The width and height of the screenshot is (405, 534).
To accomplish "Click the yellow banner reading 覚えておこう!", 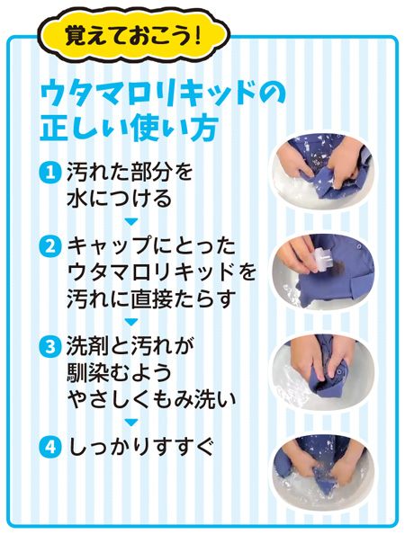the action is (132, 35).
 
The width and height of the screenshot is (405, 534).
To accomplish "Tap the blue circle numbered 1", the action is (50, 173).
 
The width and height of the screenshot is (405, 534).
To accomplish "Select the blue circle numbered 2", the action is (50, 247).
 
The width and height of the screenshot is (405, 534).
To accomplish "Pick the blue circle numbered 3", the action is (50, 347).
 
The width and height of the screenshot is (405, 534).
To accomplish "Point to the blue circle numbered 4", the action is (50, 447).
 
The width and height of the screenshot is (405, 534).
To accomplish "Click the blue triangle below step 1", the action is (130, 222).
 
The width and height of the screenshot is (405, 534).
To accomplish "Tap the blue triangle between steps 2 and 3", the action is (130, 322).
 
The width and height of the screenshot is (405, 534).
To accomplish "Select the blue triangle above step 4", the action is (130, 423).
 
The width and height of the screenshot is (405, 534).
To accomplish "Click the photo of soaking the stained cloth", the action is (323, 173).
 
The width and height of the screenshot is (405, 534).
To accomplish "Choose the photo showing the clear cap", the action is (323, 271).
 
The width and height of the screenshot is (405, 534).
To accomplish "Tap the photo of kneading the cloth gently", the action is (323, 371).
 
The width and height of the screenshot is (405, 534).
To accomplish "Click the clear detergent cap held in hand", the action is (320, 259).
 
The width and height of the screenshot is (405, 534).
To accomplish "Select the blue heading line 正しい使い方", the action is (130, 129).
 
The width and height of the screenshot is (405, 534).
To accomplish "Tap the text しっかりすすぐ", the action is (141, 447).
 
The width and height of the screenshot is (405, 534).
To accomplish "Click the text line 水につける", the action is (119, 199).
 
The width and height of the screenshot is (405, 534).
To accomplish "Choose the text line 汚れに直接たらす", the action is (152, 298).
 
